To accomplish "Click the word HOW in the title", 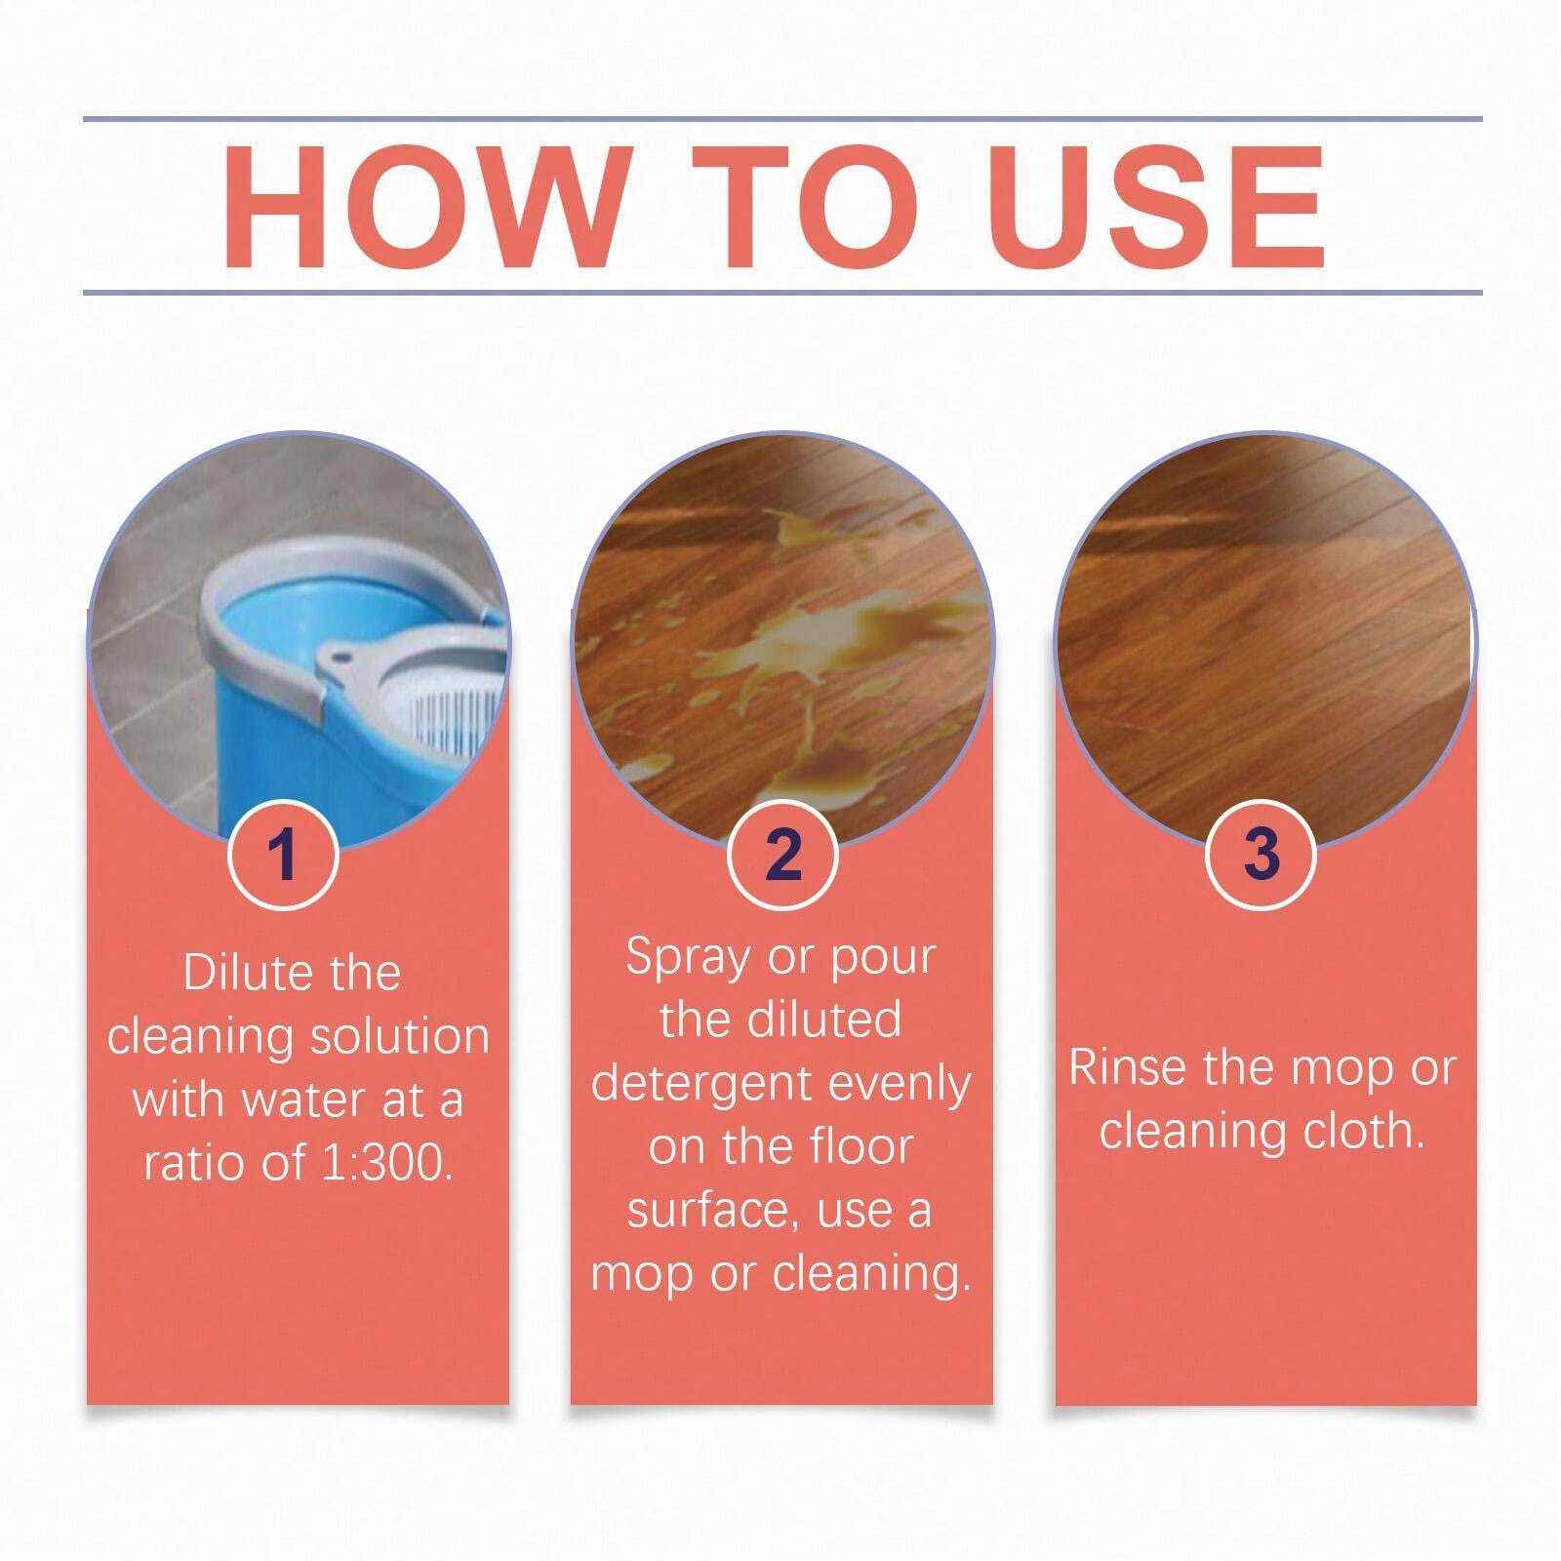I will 423,206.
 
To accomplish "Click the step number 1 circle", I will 283,855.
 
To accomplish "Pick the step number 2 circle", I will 782,855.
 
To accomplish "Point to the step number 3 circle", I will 1261,855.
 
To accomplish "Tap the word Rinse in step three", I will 1129,1067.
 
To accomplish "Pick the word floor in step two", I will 860,1147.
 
